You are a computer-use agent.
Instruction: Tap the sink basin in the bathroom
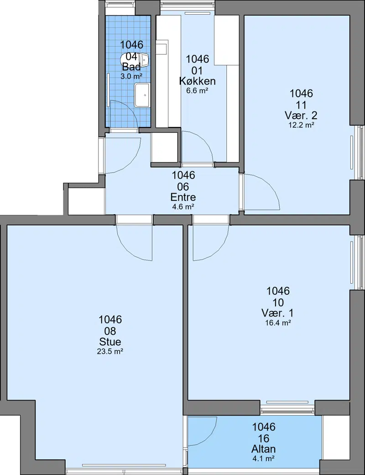(142, 95)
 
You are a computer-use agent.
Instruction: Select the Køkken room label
(198, 81)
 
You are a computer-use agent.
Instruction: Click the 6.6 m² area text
(198, 90)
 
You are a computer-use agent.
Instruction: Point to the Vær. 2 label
(301, 116)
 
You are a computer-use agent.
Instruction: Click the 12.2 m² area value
(301, 125)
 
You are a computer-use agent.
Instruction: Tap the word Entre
(183, 197)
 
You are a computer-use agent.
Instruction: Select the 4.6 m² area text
(183, 207)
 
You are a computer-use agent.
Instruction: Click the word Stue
(110, 342)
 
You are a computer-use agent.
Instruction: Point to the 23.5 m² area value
(110, 352)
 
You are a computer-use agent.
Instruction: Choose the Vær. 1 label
(278, 313)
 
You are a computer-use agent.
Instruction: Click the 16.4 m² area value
(278, 323)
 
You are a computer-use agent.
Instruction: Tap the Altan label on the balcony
(264, 449)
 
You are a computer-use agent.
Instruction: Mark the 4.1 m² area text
(264, 459)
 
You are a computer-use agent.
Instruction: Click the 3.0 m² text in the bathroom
(132, 76)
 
